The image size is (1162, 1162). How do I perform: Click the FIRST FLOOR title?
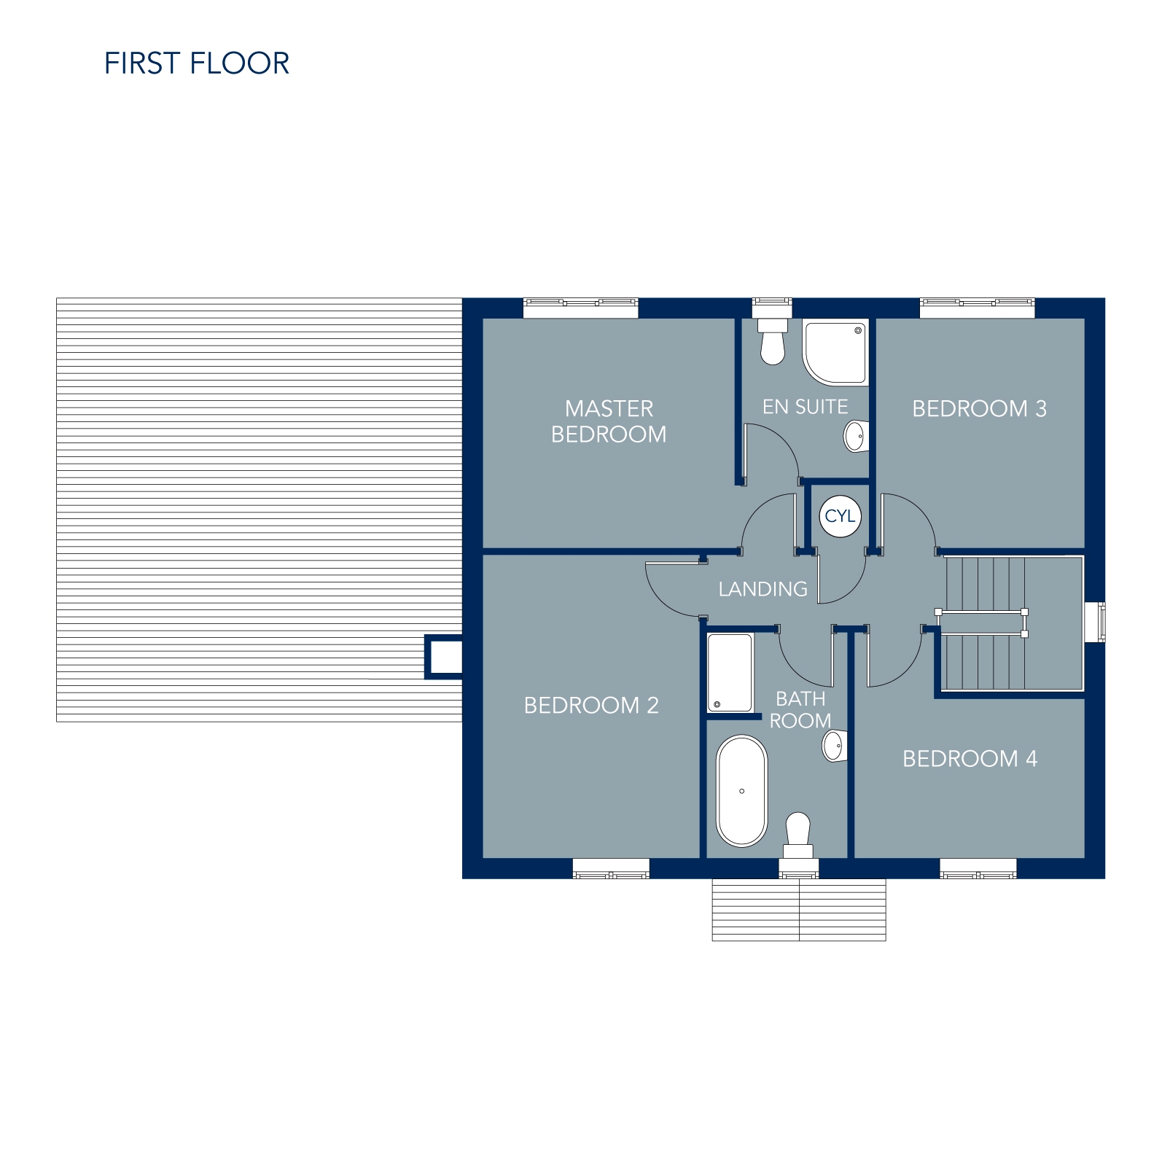pos(197,63)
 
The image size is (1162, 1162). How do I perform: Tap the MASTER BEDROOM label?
pos(609,421)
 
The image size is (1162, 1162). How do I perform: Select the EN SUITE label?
pos(805,407)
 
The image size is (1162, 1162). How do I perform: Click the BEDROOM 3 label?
pos(979,409)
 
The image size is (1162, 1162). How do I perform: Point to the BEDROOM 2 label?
pos(591,706)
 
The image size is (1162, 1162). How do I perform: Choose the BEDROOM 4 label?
pos(970,759)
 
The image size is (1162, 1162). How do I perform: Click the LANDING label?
pos(763,589)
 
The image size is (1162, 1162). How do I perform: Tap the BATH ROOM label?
pos(800,710)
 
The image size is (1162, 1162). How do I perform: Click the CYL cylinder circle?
pos(841,516)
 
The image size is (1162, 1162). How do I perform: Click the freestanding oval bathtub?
pos(742,791)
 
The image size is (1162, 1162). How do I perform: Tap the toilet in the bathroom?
pos(798,835)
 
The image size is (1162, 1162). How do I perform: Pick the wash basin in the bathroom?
pos(835,746)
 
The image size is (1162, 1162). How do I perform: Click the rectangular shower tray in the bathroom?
pos(730,673)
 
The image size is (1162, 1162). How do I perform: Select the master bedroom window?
pos(581,308)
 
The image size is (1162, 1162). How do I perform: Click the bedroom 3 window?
pos(977,308)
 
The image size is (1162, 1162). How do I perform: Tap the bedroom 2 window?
pos(611,868)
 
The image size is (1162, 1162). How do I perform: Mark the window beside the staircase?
pos(1095,623)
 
